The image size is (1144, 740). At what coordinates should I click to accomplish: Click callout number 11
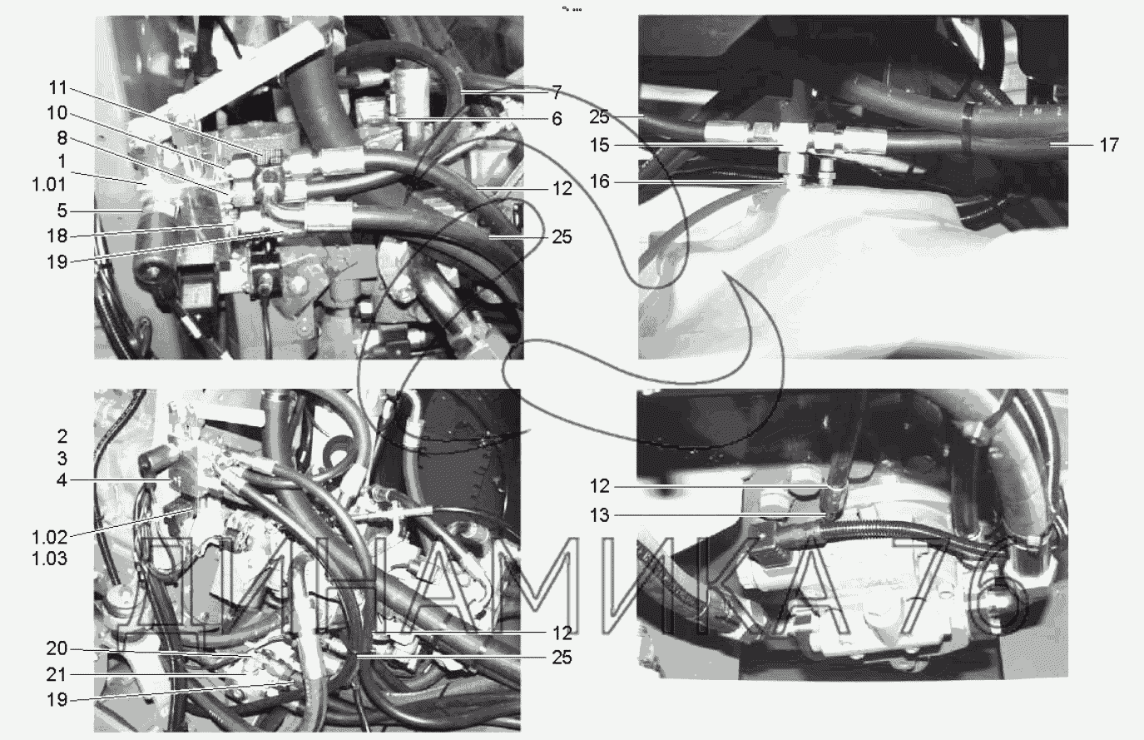coord(57,88)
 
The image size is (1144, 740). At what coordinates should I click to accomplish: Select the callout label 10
coord(57,113)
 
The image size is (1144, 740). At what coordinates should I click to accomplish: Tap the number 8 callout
coord(62,137)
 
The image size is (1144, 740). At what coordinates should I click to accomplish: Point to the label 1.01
coord(50,185)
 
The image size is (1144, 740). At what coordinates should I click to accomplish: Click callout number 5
coord(62,210)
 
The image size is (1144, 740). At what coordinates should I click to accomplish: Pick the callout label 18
coord(57,236)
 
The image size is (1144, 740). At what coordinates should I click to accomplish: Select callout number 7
coord(557,92)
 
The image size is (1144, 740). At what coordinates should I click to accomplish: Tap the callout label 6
coord(557,118)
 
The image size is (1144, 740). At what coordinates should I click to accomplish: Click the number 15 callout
coord(600,145)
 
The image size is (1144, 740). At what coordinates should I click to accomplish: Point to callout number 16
coord(600,181)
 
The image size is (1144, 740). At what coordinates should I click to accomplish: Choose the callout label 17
coord(1109,145)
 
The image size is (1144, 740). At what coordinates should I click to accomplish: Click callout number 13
coord(600,515)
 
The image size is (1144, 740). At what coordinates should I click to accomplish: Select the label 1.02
coord(50,537)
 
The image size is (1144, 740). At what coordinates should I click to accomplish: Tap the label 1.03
coord(50,559)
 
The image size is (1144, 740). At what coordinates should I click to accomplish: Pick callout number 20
coord(57,648)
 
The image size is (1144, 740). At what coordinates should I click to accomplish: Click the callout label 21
coord(57,675)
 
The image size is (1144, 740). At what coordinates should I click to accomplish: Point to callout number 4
coord(62,479)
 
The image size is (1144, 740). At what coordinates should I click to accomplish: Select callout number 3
coord(62,459)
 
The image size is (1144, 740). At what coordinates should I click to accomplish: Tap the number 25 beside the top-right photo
coord(600,117)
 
